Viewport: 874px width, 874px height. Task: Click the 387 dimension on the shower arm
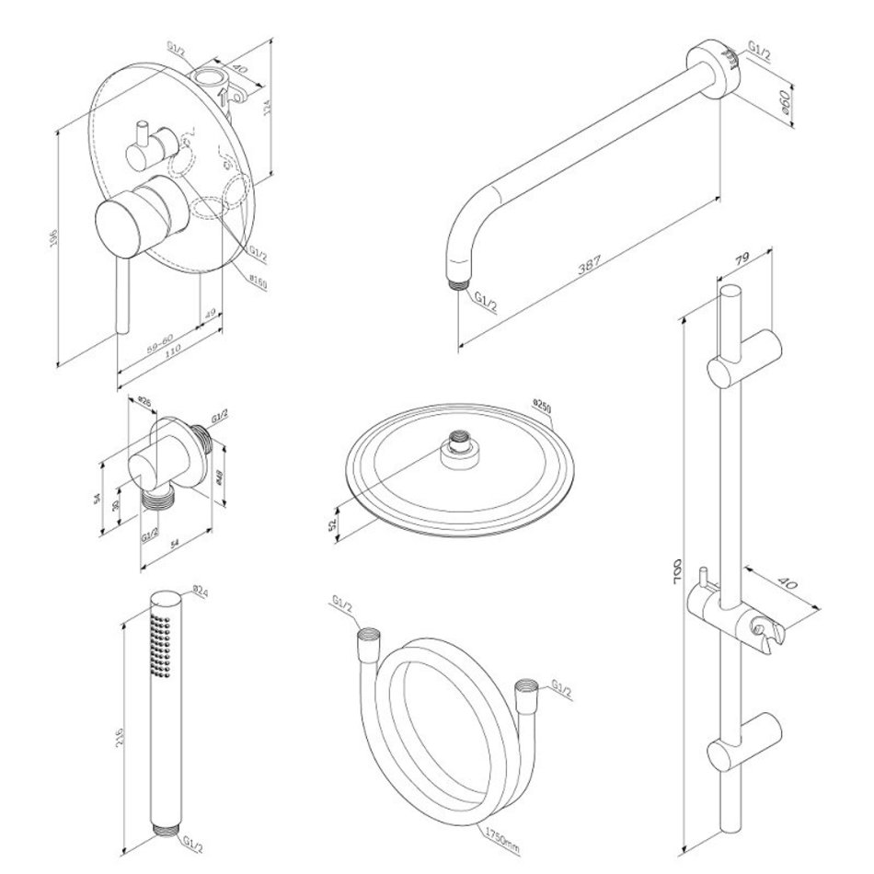point(590,264)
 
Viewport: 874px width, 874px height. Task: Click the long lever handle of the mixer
point(121,294)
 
